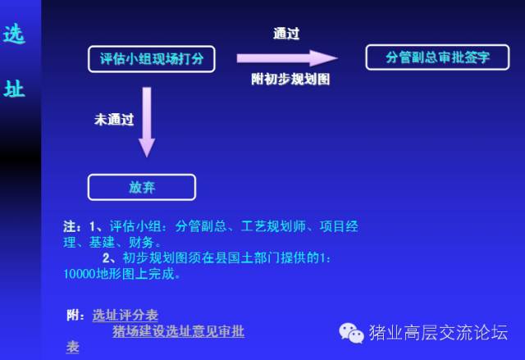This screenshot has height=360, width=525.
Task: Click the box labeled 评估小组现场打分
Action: pyautogui.click(x=152, y=59)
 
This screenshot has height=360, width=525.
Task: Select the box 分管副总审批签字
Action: pyautogui.click(x=437, y=57)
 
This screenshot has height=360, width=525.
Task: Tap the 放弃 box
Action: pyautogui.click(x=142, y=187)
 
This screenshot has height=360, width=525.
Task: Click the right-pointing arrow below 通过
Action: pyautogui.click(x=287, y=58)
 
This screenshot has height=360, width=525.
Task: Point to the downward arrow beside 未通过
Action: pyautogui.click(x=147, y=122)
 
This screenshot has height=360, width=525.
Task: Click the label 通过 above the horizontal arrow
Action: pyautogui.click(x=286, y=34)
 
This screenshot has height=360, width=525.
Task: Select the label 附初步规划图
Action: pyautogui.click(x=290, y=79)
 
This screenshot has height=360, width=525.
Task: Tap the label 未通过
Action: pyautogui.click(x=114, y=120)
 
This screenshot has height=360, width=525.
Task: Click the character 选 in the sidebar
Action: pyautogui.click(x=14, y=34)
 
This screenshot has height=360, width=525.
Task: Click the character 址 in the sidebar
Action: pyautogui.click(x=14, y=89)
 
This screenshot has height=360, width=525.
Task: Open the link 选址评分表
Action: pyautogui.click(x=126, y=315)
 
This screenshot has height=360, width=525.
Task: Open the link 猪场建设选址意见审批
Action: pyautogui.click(x=179, y=331)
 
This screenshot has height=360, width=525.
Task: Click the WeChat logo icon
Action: pyautogui.click(x=351, y=333)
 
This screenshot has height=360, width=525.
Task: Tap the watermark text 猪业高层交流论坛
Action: pyautogui.click(x=439, y=332)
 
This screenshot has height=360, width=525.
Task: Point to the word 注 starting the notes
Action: pyautogui.click(x=70, y=226)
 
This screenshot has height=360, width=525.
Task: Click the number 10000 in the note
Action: pyautogui.click(x=80, y=274)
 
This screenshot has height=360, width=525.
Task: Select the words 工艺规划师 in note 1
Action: pyautogui.click(x=273, y=226)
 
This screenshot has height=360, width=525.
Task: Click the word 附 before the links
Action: pyautogui.click(x=73, y=315)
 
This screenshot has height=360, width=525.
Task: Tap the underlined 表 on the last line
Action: pyautogui.click(x=73, y=347)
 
